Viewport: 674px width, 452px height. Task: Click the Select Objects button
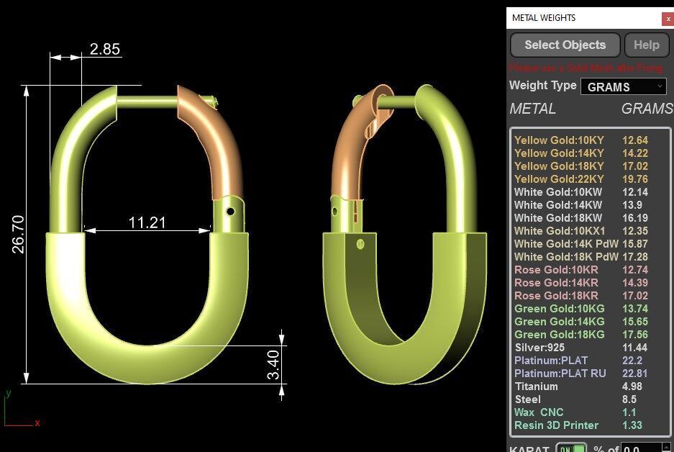565,45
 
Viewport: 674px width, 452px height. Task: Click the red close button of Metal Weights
668,18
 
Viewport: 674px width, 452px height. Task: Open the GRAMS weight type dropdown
623,87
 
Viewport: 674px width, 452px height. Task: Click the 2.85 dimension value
104,49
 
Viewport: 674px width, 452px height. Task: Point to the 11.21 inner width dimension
147,222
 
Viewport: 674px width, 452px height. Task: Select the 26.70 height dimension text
19,234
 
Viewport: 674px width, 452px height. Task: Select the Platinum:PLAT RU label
560,374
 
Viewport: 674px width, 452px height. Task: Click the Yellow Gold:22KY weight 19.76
635,179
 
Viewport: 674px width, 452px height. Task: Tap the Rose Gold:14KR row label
556,283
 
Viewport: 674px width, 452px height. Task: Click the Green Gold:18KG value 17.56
635,335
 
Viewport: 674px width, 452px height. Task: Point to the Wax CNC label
539,412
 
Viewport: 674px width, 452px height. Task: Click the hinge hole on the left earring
230,212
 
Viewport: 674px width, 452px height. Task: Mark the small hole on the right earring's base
358,245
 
